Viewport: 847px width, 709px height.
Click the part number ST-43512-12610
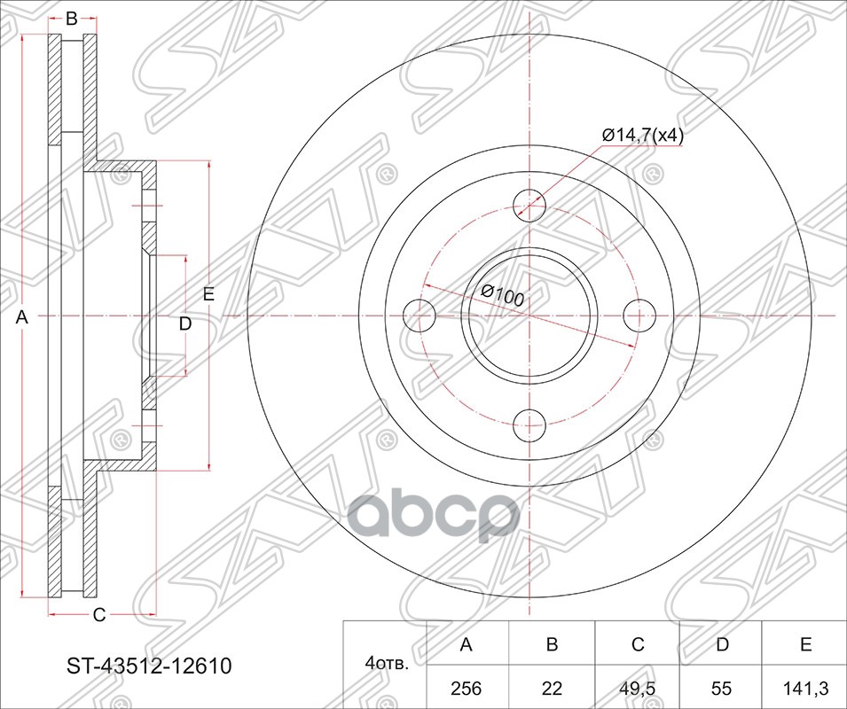[150, 666]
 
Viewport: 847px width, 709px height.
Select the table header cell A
[466, 644]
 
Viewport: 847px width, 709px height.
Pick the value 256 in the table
[466, 688]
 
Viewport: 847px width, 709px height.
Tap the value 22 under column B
[552, 688]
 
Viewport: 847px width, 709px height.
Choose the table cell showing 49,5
[637, 688]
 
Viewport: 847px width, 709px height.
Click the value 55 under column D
[722, 688]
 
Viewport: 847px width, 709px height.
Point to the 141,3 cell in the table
[805, 688]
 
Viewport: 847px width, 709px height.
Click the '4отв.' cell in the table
[384, 664]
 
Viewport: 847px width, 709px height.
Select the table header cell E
[805, 644]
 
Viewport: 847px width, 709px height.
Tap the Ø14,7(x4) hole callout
[642, 135]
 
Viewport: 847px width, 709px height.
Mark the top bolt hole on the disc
[529, 205]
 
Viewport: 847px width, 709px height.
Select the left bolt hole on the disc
[420, 315]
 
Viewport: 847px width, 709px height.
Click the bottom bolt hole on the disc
[529, 424]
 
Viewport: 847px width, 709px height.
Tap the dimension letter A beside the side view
[24, 317]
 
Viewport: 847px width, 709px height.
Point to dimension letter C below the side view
[99, 614]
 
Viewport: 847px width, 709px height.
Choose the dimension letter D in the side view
[184, 324]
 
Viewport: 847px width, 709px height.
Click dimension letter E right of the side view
[208, 295]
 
